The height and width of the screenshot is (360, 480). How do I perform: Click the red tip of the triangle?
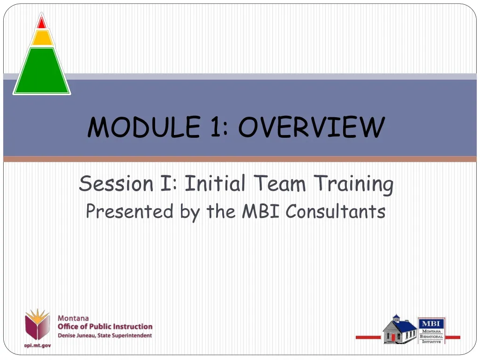42,23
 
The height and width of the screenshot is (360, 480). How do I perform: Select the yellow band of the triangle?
42,38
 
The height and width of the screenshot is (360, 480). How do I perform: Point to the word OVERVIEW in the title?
312,127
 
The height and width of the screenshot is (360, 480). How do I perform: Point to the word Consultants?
336,212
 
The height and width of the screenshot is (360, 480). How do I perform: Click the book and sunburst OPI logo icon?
37,324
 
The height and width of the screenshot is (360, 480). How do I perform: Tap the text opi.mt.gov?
37,345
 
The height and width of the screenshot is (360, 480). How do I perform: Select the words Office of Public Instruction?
105,327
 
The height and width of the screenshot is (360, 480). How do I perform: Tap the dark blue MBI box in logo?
431,323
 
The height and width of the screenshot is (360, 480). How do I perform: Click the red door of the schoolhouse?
393,337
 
